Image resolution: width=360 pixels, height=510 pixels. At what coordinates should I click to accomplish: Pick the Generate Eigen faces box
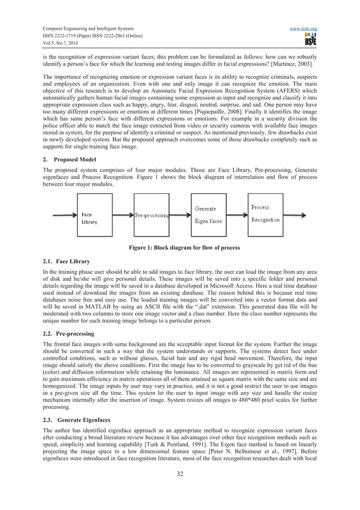[x=210, y=215]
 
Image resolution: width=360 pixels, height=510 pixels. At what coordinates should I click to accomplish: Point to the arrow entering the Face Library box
[x=64, y=215]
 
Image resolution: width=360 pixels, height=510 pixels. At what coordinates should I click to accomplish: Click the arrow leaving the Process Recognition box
[x=308, y=215]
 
